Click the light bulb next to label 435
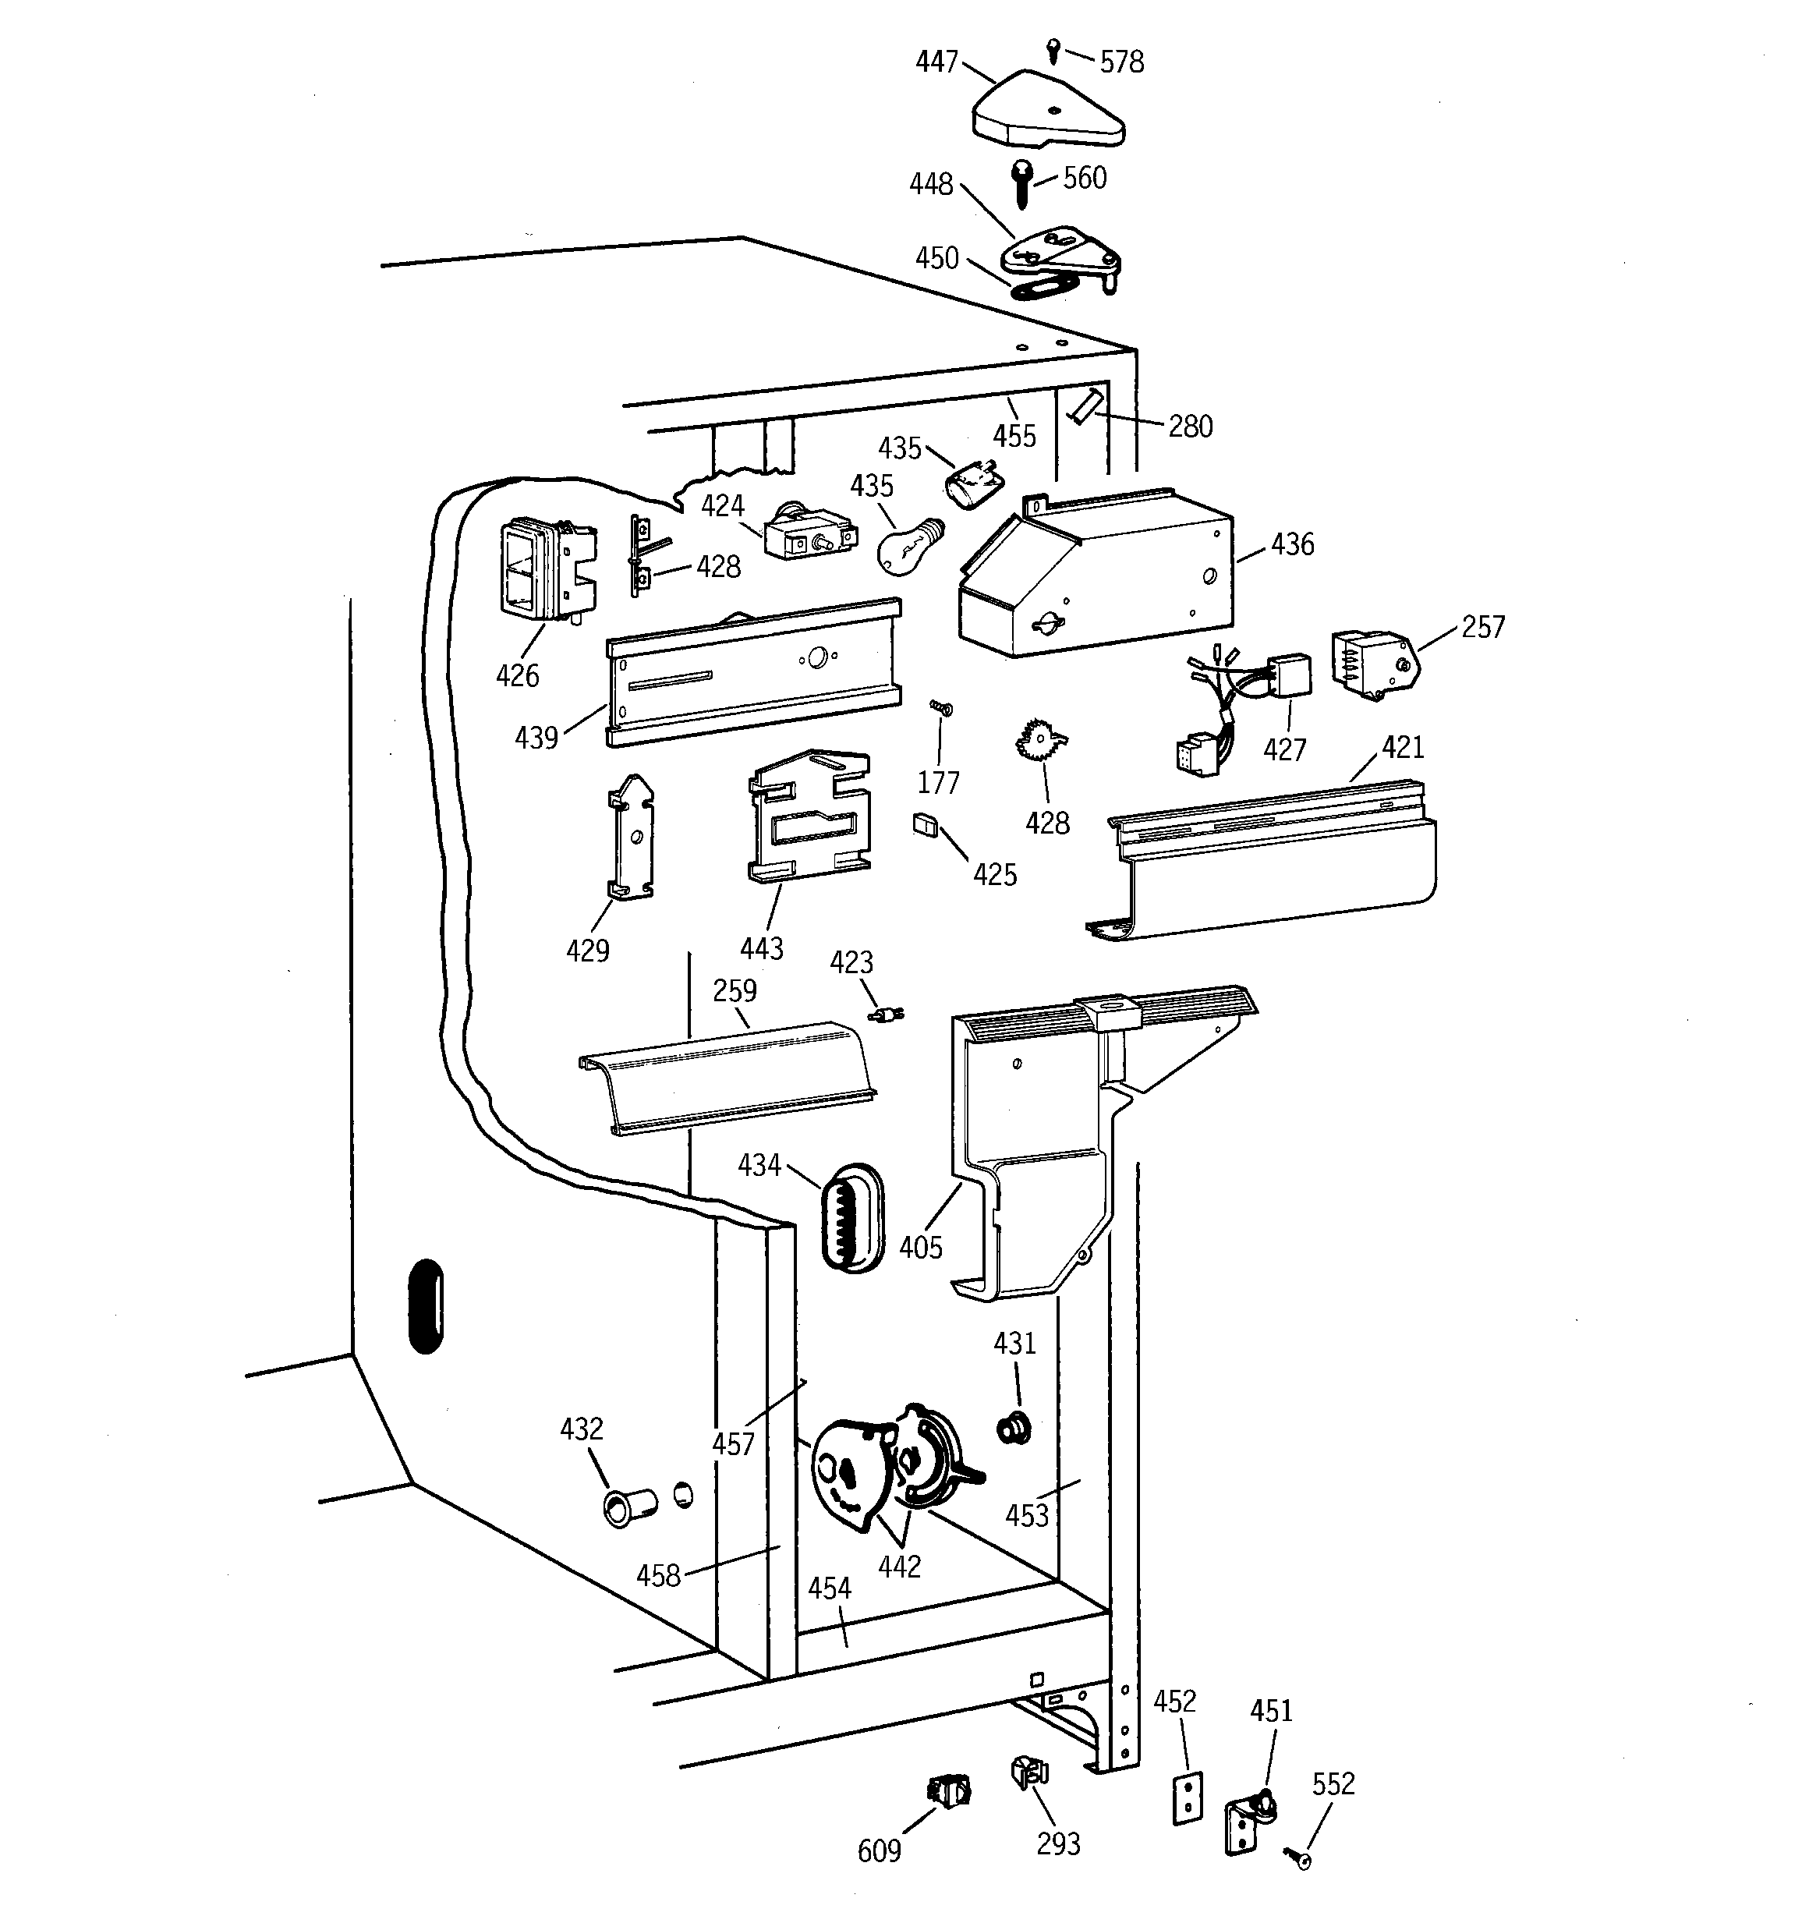coord(907,547)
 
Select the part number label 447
coord(936,62)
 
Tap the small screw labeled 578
coord(1053,48)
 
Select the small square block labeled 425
coord(926,824)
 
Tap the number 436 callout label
coord(1291,544)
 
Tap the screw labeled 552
coord(1298,1857)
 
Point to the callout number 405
coord(919,1248)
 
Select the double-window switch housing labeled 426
coord(542,571)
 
